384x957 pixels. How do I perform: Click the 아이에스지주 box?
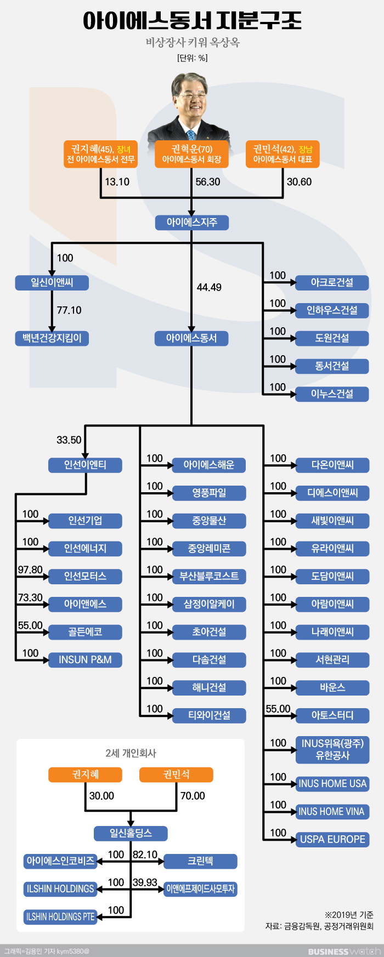pyautogui.click(x=191, y=223)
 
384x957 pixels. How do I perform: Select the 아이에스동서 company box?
pyautogui.click(x=191, y=338)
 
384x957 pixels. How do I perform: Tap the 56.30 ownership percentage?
pyautogui.click(x=208, y=182)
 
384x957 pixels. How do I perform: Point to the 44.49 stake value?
pyautogui.click(x=209, y=287)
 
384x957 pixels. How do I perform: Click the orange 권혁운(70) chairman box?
pyautogui.click(x=191, y=154)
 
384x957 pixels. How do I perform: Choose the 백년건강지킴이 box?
pyautogui.click(x=52, y=338)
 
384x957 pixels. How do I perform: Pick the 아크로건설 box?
pyautogui.click(x=332, y=283)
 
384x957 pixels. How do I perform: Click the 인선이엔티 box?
pyautogui.click(x=85, y=465)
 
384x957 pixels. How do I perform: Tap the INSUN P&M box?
pyautogui.click(x=85, y=660)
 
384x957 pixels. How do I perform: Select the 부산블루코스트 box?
pyautogui.click(x=209, y=577)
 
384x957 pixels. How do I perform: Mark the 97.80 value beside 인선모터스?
pyautogui.click(x=30, y=570)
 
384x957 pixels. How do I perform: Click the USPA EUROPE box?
pyautogui.click(x=332, y=839)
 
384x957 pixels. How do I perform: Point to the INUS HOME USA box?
pyautogui.click(x=332, y=784)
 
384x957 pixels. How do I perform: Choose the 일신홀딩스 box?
pyautogui.click(x=131, y=834)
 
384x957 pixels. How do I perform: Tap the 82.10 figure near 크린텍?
pyautogui.click(x=145, y=855)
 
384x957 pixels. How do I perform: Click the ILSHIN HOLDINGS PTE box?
pyautogui.click(x=60, y=916)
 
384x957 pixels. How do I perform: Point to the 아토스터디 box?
pyautogui.click(x=332, y=715)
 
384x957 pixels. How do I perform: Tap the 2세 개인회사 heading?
pyautogui.click(x=131, y=753)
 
